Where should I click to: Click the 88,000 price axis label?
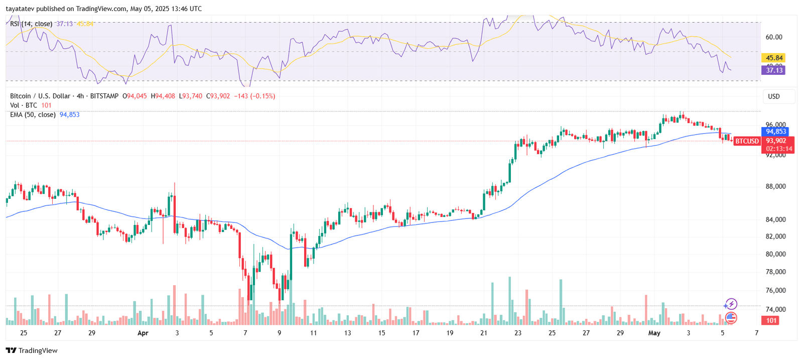775,186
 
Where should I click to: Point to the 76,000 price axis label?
775,290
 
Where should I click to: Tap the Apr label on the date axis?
143,333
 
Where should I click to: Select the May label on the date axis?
654,333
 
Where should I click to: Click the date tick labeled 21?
484,333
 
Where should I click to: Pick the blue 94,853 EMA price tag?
776,132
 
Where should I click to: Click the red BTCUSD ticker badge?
747,141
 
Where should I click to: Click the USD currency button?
774,96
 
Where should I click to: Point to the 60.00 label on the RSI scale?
774,37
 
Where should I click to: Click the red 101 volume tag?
771,321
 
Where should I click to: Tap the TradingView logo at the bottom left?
32,350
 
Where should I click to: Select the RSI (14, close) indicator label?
31,24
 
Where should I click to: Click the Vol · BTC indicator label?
24,105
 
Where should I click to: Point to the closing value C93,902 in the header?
218,96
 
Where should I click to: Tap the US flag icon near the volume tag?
731,317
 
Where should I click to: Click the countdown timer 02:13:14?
779,149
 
